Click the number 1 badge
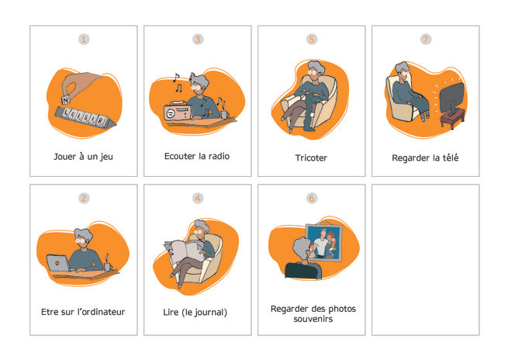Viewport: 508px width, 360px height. pos(84,40)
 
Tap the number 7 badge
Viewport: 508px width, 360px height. pos(426,40)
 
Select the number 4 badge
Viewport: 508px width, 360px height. pos(198,198)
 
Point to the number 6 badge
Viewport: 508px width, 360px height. pos(312,198)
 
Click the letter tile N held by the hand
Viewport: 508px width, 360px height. pos(66,100)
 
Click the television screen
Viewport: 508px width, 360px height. pos(452,96)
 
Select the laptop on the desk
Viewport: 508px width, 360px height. pos(58,262)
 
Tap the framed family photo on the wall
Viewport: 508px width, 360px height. pos(324,242)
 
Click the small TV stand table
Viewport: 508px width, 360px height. pos(452,118)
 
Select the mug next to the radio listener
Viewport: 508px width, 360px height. pos(224,114)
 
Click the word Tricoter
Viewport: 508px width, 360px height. pos(311,157)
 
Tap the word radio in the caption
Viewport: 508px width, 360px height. pos(219,156)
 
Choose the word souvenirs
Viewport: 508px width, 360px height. pos(313,319)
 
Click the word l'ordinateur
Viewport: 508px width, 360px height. pos(101,312)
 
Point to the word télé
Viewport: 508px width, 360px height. pos(451,157)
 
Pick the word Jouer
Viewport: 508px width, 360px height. pos(65,157)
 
